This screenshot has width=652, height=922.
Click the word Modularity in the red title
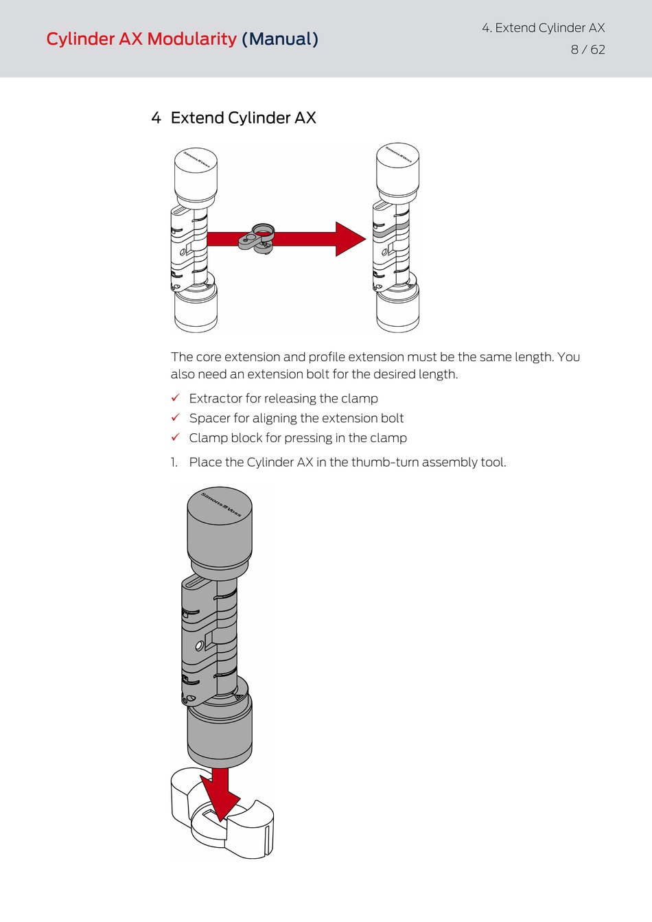coord(191,39)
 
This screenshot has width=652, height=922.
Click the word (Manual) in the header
coord(280,39)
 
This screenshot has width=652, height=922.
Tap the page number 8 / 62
coord(587,49)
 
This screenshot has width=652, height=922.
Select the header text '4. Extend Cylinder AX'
coord(543,27)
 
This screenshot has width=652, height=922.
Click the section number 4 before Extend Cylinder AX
coord(156,118)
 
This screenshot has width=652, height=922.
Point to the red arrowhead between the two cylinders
coord(349,239)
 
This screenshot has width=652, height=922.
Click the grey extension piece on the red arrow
coord(258,238)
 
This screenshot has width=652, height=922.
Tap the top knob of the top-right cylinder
coord(397,168)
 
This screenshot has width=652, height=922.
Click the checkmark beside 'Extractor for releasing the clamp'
coord(176,398)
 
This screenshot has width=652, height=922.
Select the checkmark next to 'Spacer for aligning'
coord(176,417)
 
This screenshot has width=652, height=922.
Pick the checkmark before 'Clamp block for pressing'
coord(176,437)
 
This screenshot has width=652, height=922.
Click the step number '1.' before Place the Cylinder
coord(174,462)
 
